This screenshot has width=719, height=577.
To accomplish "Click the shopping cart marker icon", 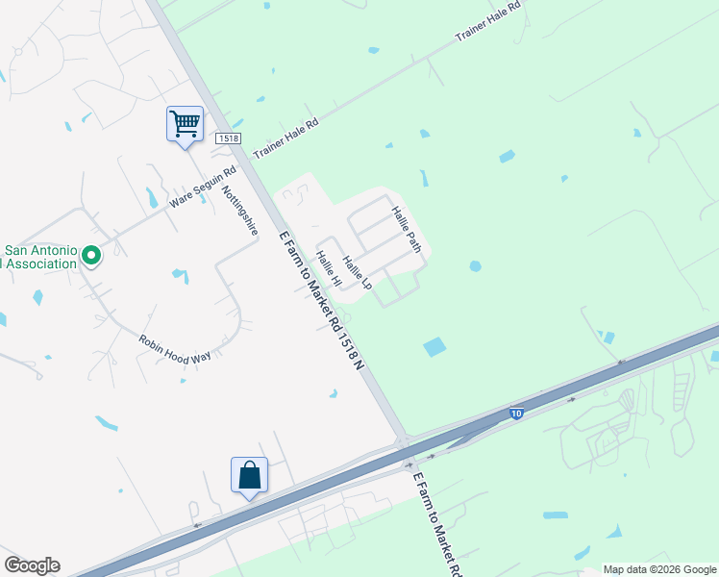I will tap(184, 123).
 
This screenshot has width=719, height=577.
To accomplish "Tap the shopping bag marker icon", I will tap(249, 474).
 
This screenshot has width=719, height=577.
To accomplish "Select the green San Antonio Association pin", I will tap(91, 256).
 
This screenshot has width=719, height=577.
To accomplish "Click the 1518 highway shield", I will tap(228, 138).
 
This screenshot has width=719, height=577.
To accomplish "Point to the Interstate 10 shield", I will tap(516, 414).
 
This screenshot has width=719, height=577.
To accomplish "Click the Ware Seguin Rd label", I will tap(202, 188).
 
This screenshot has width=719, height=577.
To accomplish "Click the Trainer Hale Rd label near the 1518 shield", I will tap(285, 137).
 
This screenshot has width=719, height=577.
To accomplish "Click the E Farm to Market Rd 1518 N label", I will tap(323, 298).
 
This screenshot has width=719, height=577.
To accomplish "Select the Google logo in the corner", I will tap(32, 565).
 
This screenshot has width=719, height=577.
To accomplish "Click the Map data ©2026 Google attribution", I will tap(659, 569).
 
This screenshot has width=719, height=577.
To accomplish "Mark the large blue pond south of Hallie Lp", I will tap(435, 346).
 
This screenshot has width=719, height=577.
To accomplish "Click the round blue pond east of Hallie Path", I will tap(475, 266).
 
